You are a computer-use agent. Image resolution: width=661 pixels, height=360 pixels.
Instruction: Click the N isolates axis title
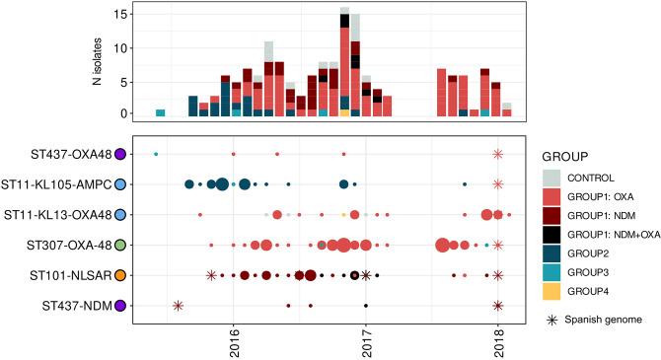point(97,60)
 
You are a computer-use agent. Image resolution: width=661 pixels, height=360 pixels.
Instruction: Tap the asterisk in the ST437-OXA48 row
point(498,154)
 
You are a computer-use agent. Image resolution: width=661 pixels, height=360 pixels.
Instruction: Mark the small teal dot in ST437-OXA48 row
point(156,154)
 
